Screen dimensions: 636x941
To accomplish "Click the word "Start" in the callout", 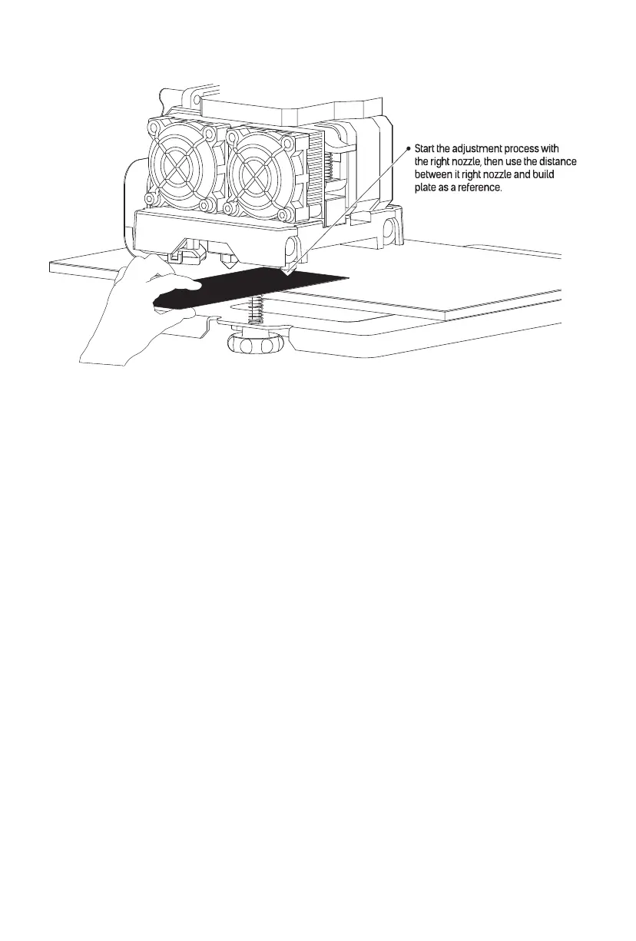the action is pos(426,147).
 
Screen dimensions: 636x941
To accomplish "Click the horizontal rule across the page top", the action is pos(317,44).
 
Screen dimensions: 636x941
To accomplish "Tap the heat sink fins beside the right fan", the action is pos(314,173).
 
